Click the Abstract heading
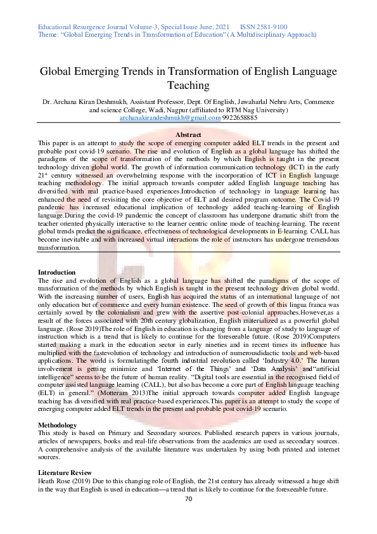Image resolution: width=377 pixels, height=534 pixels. [188, 135]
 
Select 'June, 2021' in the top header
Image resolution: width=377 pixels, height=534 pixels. [217, 27]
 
